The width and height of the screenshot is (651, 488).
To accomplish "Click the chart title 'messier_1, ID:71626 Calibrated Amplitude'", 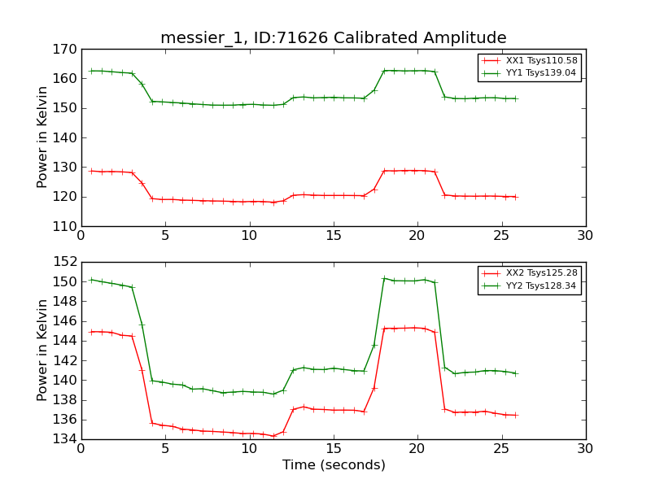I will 333,37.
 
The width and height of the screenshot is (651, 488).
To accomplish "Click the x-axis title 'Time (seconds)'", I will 334,465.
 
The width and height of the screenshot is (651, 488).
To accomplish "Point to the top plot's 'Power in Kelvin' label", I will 43,137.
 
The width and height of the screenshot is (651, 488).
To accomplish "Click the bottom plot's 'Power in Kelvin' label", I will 43,351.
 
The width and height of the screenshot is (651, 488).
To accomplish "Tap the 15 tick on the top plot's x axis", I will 334,236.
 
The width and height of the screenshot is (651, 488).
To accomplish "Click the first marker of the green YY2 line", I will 92,280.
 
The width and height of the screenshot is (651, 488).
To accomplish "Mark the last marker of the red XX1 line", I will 515,197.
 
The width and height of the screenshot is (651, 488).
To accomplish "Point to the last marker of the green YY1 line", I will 515,98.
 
